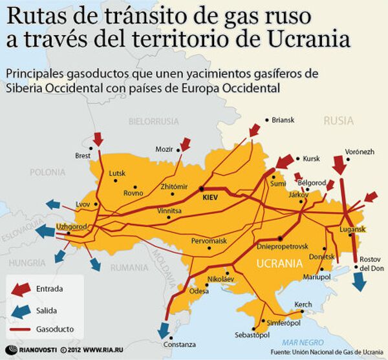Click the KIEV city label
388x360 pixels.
[211, 196]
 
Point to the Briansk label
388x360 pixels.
[283, 120]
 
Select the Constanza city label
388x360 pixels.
[179, 344]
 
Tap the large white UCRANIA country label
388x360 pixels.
[279, 264]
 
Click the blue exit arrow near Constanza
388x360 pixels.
[164, 329]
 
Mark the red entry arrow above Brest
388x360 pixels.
[98, 138]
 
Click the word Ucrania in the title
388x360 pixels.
[318, 39]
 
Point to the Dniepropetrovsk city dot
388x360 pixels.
[279, 238]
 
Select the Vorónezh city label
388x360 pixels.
[361, 151]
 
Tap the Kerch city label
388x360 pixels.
[303, 304]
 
